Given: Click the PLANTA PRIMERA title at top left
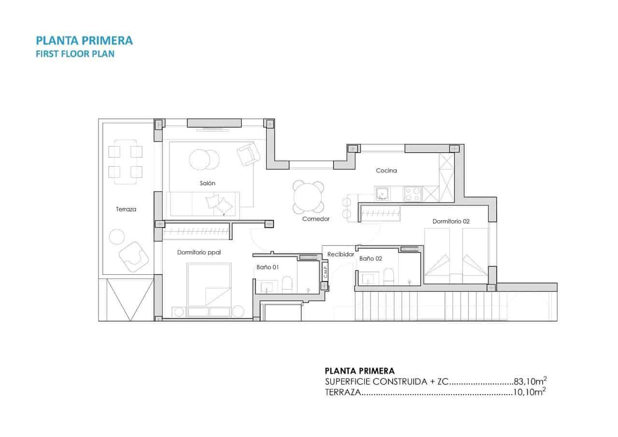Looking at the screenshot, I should (84, 40).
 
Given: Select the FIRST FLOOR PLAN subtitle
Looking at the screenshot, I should (75, 54).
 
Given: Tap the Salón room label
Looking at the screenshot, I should (208, 183).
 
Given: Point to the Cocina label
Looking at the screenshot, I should (387, 170).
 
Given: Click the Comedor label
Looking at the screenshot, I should (316, 219).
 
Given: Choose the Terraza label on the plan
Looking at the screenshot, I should (126, 210).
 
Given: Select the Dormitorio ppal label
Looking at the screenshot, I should (199, 252).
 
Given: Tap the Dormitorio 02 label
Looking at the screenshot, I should (451, 221).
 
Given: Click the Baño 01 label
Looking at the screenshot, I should (268, 267).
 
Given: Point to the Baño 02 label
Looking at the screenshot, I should (371, 259).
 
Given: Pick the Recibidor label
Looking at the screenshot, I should (341, 254).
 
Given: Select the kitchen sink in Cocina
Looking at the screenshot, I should (382, 194).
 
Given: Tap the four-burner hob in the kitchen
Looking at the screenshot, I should (412, 194).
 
